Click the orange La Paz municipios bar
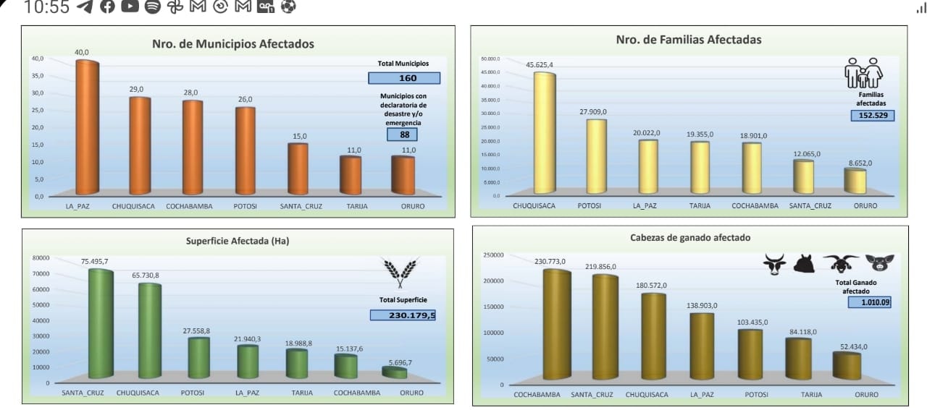click(87, 128)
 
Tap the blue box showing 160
click(403, 78)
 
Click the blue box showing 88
click(402, 134)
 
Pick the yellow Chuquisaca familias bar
click(545, 133)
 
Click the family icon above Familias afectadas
click(864, 73)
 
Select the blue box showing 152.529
click(873, 116)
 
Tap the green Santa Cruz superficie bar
click(101, 324)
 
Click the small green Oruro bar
click(395, 372)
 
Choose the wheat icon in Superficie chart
click(401, 273)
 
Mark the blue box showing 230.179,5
click(403, 315)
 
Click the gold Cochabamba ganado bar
click(557, 325)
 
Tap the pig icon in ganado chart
click(880, 262)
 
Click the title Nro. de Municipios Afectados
click(233, 44)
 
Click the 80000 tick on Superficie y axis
click(41, 258)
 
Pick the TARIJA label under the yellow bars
click(700, 206)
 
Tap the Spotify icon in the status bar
click(152, 7)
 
